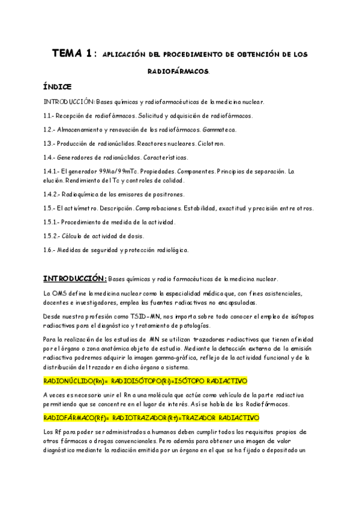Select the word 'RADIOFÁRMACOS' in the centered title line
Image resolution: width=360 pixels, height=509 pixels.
pos(179,71)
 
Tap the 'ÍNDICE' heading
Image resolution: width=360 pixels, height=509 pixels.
pos(58,86)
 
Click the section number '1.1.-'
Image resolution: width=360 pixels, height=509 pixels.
pos(50,115)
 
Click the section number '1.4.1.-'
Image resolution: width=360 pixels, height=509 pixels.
pos(53,171)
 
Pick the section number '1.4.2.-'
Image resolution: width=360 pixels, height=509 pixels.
pos(53,194)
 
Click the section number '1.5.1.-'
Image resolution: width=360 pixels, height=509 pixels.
pos(53,222)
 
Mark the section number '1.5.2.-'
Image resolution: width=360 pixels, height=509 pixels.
pos(53,236)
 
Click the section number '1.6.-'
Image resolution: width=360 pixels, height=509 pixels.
pos(50,250)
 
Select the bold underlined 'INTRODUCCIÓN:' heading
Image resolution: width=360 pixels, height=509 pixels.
pos(75,279)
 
